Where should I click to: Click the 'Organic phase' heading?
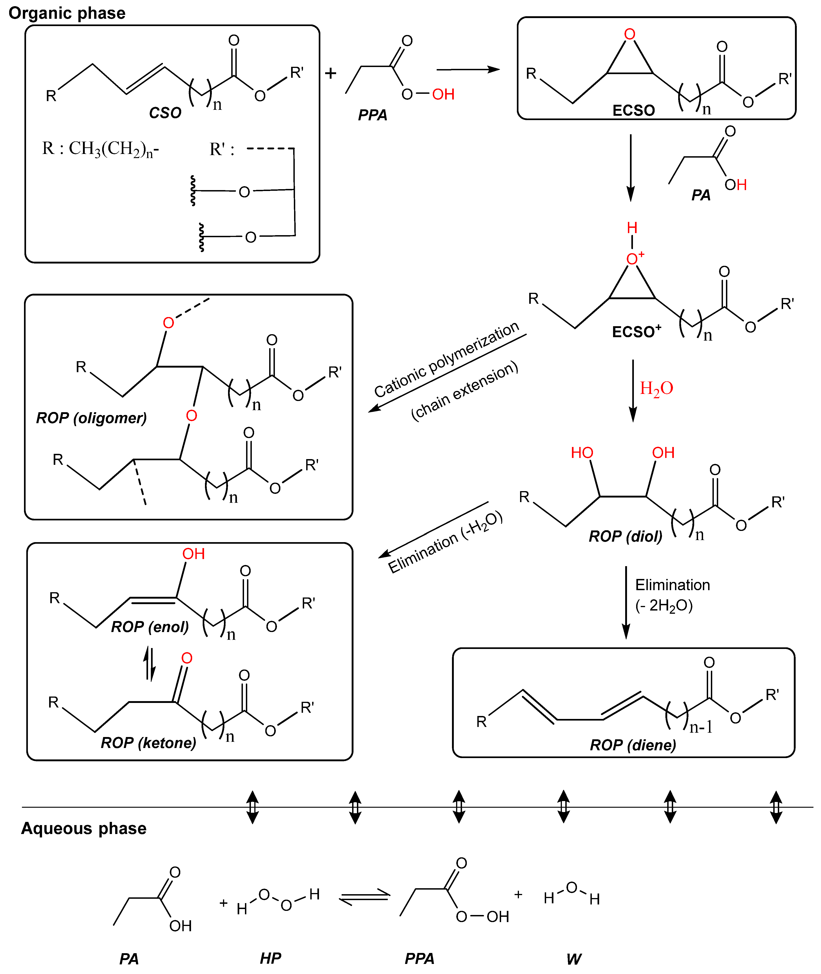pos(67,13)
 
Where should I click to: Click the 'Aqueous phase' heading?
pos(84,828)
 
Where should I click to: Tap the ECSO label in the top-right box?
pos(633,110)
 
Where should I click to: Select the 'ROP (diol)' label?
pos(625,536)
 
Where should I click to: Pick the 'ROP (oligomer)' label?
pos(91,418)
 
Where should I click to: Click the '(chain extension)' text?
pos(465,391)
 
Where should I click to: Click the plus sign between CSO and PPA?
pos(330,73)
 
